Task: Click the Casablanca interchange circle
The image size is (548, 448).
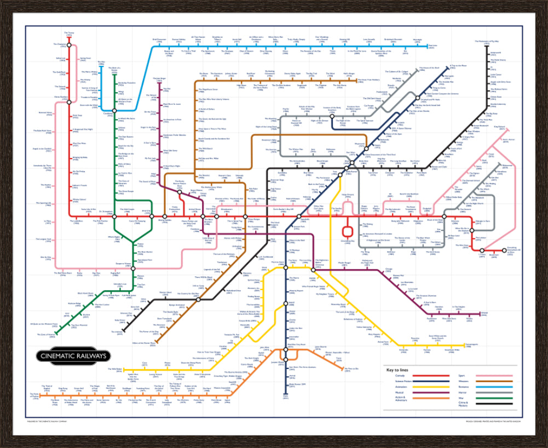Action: (x=113, y=114)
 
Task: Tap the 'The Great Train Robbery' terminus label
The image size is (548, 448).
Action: (x=369, y=80)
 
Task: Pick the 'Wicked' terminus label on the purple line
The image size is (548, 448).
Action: (x=484, y=314)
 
